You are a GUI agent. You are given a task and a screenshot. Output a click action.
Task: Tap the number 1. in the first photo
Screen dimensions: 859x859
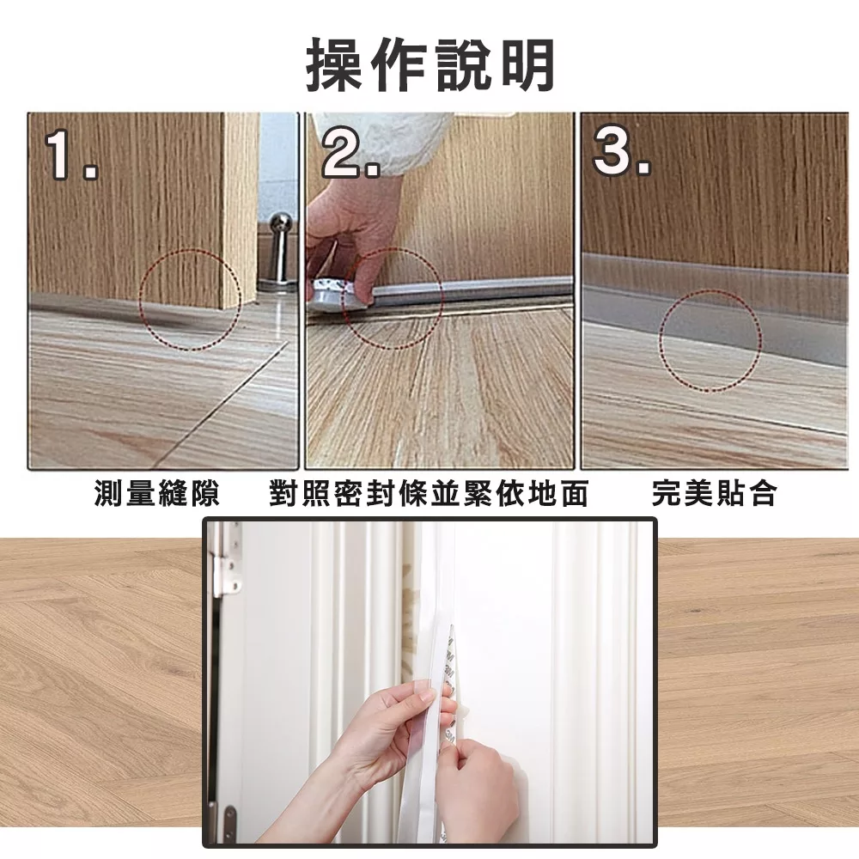click(x=70, y=155)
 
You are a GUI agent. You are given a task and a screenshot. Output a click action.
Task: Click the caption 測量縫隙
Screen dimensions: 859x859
click(x=157, y=493)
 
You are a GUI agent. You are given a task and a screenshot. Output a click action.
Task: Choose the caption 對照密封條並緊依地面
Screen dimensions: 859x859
click(x=429, y=493)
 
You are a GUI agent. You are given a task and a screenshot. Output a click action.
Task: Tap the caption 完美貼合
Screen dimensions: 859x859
click(x=715, y=493)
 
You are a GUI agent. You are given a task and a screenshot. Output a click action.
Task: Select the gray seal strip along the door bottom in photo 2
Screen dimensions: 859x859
click(x=471, y=290)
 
